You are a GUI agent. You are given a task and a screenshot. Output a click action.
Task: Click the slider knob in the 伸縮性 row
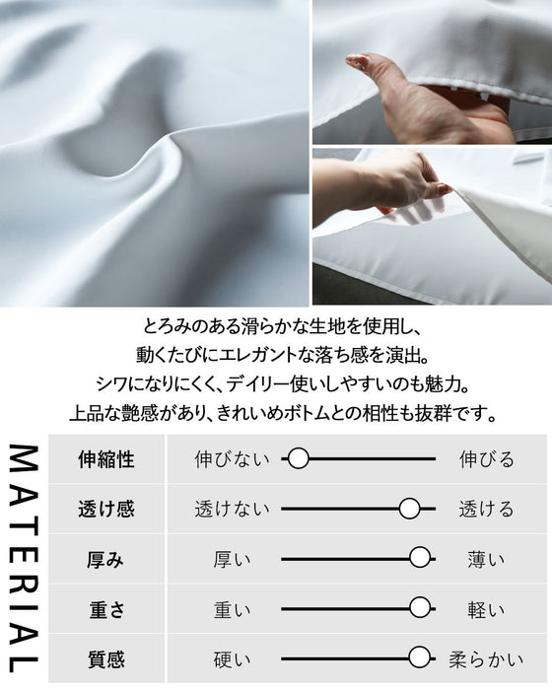point(299,458)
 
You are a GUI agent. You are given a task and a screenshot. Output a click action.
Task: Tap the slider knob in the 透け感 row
point(410,509)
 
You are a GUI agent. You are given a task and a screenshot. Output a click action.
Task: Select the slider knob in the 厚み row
point(421,559)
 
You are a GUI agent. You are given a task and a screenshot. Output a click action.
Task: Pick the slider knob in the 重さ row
point(421,608)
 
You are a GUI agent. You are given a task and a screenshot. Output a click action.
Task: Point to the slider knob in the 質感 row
point(421,657)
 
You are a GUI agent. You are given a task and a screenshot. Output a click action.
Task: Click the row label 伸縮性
point(105,459)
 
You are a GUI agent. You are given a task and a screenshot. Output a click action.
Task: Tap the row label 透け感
point(105,510)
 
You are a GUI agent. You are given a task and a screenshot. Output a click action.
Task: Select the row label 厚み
point(105,559)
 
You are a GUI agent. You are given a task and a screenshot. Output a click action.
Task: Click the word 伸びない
point(232,459)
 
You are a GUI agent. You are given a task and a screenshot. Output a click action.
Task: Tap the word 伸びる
point(487,459)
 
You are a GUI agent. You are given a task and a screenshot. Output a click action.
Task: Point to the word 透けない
point(232,510)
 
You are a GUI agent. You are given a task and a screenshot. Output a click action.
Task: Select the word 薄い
point(487,559)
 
